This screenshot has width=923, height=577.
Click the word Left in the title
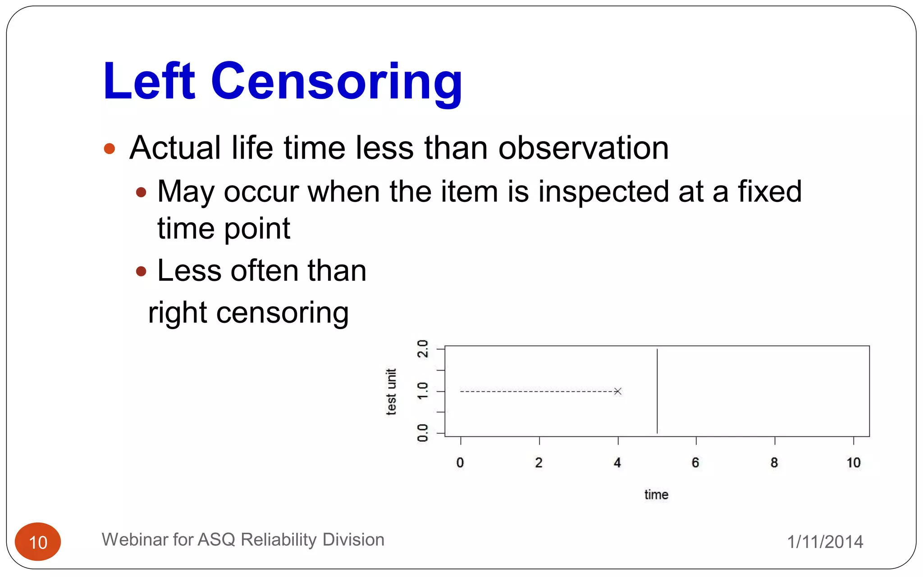pyautogui.click(x=149, y=82)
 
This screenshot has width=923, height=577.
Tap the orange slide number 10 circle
pyautogui.click(x=38, y=542)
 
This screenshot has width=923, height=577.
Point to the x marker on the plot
pyautogui.click(x=618, y=391)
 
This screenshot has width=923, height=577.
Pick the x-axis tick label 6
pyautogui.click(x=695, y=463)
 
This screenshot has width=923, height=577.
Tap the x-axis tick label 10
pyautogui.click(x=853, y=463)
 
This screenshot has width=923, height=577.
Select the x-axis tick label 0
pyautogui.click(x=460, y=463)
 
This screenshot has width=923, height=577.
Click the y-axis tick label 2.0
pyautogui.click(x=423, y=349)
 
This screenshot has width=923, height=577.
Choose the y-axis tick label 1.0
pyautogui.click(x=423, y=391)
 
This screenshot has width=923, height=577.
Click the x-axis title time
pyautogui.click(x=656, y=495)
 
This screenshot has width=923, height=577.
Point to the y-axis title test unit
pyautogui.click(x=391, y=391)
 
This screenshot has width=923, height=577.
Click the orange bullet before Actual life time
pyautogui.click(x=109, y=149)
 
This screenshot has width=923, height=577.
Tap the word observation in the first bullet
pyautogui.click(x=583, y=148)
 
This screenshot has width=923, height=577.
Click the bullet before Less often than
pyautogui.click(x=141, y=271)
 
